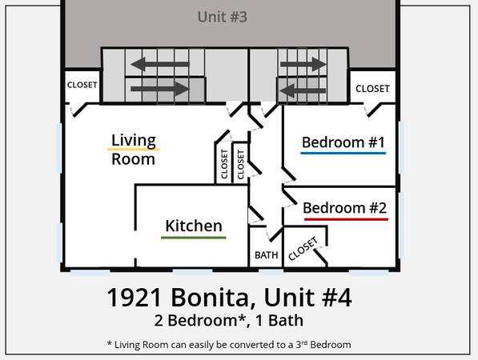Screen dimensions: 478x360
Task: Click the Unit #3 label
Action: (223, 17)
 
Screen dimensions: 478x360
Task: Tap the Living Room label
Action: (134, 150)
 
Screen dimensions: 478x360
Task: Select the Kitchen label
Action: (194, 226)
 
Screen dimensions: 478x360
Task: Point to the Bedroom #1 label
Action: (343, 142)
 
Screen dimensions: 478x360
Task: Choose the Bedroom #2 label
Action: (345, 208)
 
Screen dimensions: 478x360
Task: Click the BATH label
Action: (266, 255)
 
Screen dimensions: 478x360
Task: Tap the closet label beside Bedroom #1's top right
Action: (372, 89)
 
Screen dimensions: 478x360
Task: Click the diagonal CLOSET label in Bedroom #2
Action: (303, 249)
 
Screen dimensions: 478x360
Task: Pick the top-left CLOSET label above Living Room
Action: (82, 85)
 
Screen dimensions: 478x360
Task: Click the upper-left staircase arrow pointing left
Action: (160, 64)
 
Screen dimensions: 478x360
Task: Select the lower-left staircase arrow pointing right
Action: (160, 89)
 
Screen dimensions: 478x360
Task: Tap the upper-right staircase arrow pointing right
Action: (303, 64)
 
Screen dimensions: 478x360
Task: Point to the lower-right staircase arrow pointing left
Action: (303, 90)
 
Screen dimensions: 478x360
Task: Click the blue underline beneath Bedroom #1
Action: (343, 153)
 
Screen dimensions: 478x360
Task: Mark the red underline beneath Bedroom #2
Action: (346, 219)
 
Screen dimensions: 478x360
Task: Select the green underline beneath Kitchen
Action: (194, 238)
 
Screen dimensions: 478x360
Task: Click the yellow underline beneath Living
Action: (134, 150)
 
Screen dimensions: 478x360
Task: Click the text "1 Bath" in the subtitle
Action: (279, 321)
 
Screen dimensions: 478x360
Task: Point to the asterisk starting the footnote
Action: (110, 343)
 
